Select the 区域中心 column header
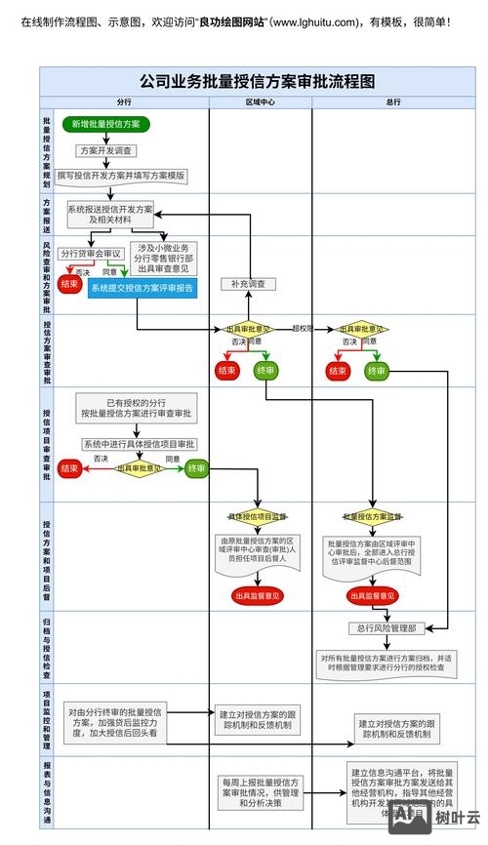coord(260,101)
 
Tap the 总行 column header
coord(393,101)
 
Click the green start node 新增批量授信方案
coord(105,124)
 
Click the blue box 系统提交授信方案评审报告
coord(142,288)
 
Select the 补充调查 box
coord(248,284)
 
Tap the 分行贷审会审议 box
coord(91,253)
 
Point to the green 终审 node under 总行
coord(376,371)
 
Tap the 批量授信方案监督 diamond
coord(373,515)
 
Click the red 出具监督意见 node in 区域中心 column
coord(257,595)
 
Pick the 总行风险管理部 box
coord(386,629)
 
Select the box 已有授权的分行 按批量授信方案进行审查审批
coord(137,408)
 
